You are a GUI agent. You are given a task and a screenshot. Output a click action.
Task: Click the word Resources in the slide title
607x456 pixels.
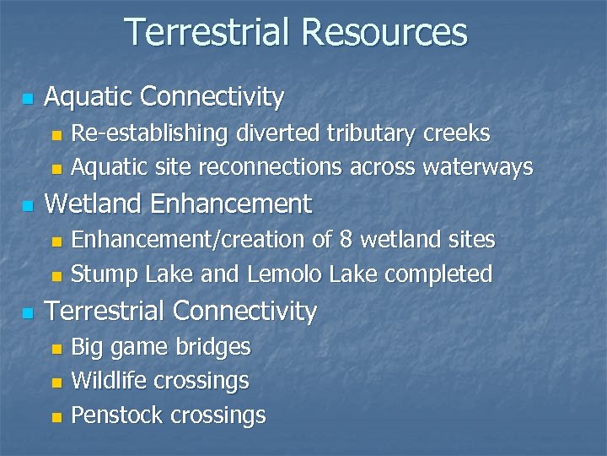click(x=384, y=32)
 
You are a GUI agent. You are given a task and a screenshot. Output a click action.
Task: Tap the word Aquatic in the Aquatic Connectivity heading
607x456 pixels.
click(x=89, y=97)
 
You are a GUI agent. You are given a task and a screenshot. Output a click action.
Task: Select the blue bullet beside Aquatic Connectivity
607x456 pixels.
click(x=28, y=99)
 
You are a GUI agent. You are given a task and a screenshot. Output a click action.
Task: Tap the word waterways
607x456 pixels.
click(x=478, y=167)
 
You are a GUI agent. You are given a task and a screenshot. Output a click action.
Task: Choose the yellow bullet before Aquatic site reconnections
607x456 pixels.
click(x=56, y=169)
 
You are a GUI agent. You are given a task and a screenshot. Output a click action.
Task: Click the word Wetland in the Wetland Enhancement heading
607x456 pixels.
click(x=94, y=204)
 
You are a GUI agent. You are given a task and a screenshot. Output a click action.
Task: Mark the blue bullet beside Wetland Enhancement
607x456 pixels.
click(x=28, y=206)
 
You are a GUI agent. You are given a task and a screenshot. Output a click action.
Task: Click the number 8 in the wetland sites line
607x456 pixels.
click(x=346, y=240)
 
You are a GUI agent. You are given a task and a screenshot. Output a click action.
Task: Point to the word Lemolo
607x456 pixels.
click(x=285, y=274)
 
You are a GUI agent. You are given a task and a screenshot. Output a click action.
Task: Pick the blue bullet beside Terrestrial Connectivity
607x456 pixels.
click(x=28, y=313)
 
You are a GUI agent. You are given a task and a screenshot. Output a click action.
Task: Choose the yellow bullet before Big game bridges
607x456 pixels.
click(x=56, y=348)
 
